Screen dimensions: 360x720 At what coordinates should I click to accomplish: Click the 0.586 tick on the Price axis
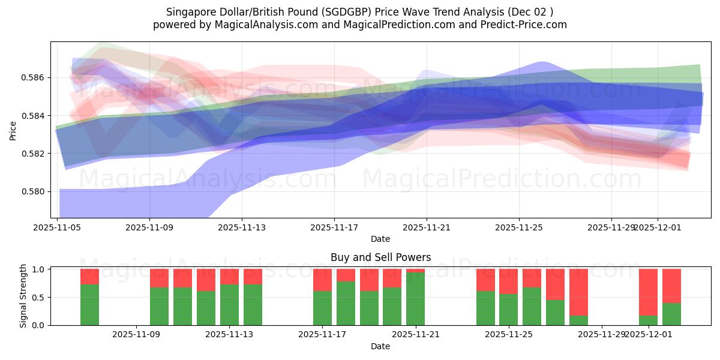[35, 77]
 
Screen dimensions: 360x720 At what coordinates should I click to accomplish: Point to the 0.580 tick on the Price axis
[35, 191]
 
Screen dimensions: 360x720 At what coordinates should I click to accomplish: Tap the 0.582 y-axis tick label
[35, 154]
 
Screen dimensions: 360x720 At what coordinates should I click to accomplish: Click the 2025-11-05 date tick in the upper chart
[58, 227]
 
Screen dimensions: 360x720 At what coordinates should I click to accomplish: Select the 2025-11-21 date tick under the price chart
[427, 227]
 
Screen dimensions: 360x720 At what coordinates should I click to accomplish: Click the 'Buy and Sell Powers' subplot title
[380, 257]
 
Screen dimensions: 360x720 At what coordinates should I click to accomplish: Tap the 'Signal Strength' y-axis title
[23, 296]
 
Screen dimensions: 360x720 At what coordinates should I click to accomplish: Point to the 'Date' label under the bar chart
[380, 346]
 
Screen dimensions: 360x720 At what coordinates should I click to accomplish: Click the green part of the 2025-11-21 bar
[415, 300]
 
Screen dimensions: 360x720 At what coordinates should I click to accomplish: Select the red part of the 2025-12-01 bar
[648, 291]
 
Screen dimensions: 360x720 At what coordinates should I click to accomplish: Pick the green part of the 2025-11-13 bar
[229, 305]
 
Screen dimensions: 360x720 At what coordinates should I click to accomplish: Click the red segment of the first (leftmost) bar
[89, 276]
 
